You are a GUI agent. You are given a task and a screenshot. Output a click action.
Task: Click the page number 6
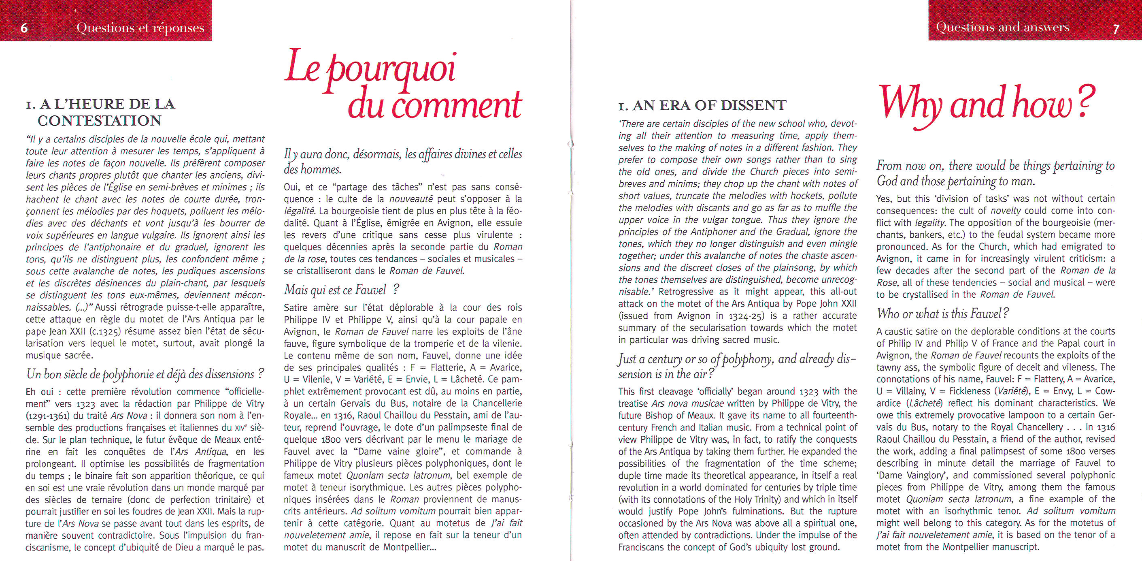(24, 28)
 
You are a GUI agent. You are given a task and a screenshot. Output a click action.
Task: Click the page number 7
(1116, 29)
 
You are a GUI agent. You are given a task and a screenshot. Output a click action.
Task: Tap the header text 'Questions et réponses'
(140, 28)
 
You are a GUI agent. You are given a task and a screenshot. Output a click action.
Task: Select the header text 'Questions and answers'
(1002, 28)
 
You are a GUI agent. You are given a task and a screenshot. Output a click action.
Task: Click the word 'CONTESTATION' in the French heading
(99, 121)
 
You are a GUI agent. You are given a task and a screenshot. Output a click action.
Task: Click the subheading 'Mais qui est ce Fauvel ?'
(341, 290)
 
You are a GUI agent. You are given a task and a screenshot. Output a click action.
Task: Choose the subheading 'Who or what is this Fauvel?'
(943, 314)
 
